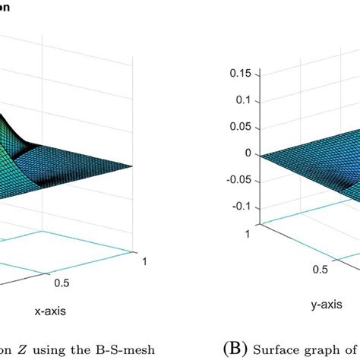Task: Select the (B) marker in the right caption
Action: [238, 349]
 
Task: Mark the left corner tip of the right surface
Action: [262, 156]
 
